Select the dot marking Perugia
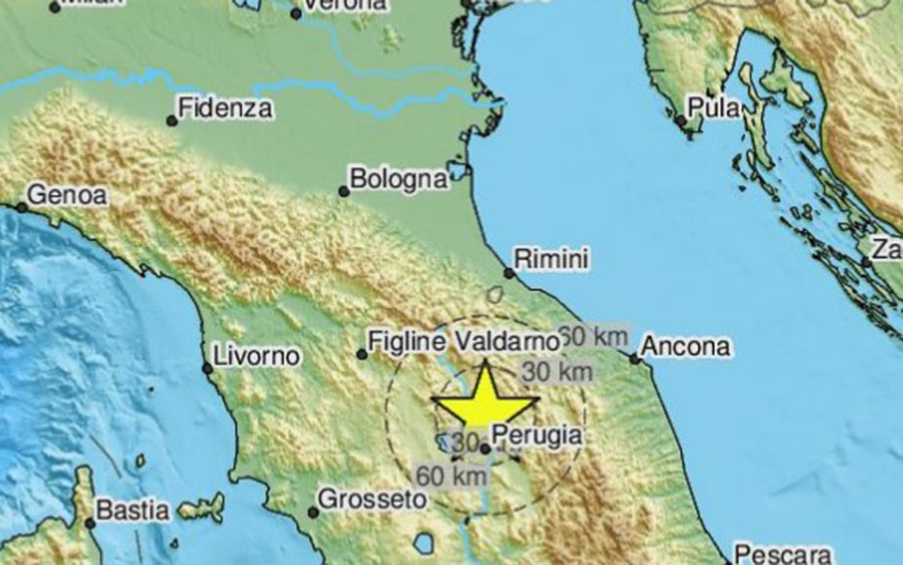(x=484, y=449)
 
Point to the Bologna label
(x=398, y=178)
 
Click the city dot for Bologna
(x=344, y=191)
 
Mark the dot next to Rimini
(x=509, y=273)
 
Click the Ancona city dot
(x=635, y=358)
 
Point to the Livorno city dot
(x=208, y=367)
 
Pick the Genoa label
(x=68, y=195)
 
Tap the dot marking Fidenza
(x=171, y=121)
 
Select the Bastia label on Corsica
(x=135, y=511)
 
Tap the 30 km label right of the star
(x=557, y=372)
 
